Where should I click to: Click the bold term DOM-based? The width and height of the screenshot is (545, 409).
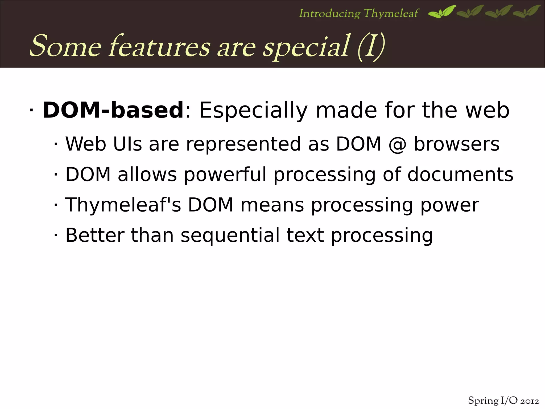click(113, 110)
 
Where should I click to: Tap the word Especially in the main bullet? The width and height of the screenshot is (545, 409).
click(253, 111)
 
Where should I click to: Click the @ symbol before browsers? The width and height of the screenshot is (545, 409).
click(397, 144)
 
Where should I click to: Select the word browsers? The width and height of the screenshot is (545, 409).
click(457, 144)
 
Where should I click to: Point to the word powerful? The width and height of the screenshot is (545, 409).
click(225, 175)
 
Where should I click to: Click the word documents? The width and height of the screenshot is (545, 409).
click(460, 175)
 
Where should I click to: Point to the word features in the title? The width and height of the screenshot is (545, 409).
click(160, 47)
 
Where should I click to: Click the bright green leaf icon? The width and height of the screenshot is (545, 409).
click(442, 12)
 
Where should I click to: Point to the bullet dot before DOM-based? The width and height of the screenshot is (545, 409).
click(31, 111)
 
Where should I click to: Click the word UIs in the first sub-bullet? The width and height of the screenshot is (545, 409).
click(127, 144)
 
